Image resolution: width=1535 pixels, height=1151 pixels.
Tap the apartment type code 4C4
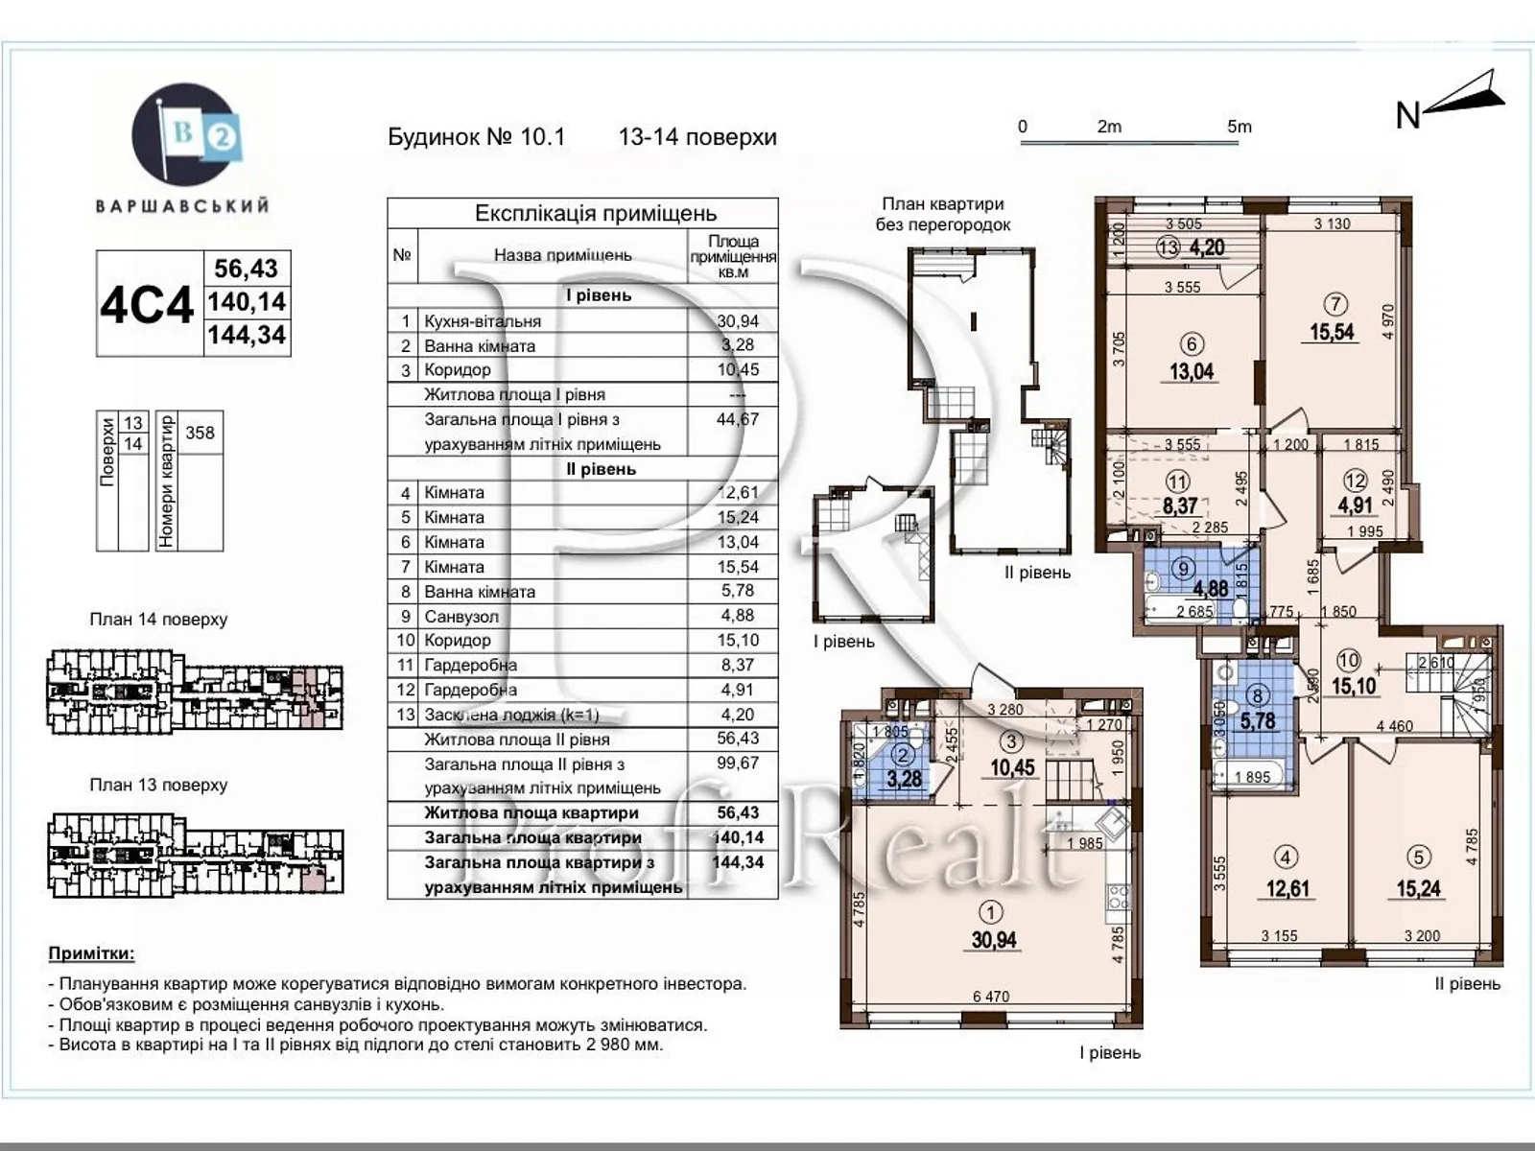pyautogui.click(x=147, y=304)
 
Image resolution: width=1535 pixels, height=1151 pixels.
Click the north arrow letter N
pyautogui.click(x=1407, y=116)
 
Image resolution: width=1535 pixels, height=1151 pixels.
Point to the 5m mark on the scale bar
pyautogui.click(x=1240, y=127)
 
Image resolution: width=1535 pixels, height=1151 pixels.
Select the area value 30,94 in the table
pyautogui.click(x=737, y=321)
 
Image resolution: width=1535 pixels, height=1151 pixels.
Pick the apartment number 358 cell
pyautogui.click(x=200, y=433)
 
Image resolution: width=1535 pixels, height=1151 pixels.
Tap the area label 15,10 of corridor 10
pyautogui.click(x=1354, y=686)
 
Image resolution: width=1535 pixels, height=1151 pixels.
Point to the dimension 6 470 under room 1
pyautogui.click(x=991, y=997)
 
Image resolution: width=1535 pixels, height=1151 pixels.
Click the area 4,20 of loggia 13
pyautogui.click(x=1206, y=247)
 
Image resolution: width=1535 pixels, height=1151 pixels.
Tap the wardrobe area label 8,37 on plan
pyautogui.click(x=1180, y=505)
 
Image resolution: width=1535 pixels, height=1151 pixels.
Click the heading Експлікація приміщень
pyautogui.click(x=596, y=213)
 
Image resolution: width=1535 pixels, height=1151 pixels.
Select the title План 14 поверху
pyautogui.click(x=158, y=620)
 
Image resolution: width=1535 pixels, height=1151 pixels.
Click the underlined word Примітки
pyautogui.click(x=91, y=953)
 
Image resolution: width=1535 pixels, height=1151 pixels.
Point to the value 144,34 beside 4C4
pyautogui.click(x=247, y=335)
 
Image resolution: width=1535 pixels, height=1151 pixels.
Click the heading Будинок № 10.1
pyautogui.click(x=477, y=137)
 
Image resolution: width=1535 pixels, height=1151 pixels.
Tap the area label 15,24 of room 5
pyautogui.click(x=1418, y=889)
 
